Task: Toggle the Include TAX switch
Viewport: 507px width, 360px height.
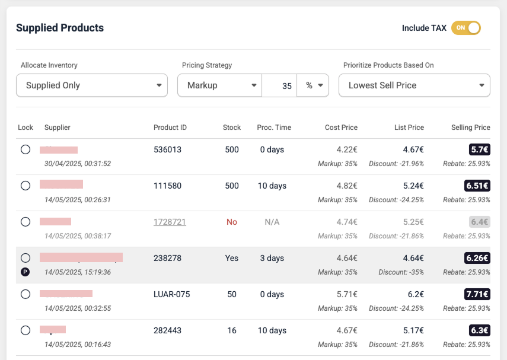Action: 465,28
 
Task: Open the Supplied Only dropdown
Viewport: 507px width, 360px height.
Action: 92,85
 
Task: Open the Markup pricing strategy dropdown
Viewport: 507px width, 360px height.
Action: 219,85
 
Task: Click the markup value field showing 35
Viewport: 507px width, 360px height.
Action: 280,85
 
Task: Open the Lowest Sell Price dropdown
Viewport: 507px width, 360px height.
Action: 414,85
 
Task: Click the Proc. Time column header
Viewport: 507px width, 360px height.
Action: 274,128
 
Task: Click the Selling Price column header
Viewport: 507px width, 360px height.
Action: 470,128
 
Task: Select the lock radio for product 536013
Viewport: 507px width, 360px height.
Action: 25,149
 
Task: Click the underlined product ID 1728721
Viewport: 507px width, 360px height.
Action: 170,222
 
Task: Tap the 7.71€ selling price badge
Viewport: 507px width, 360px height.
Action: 477,294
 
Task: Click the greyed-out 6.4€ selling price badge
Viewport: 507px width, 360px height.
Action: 479,222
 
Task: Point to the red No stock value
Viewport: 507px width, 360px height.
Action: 231,222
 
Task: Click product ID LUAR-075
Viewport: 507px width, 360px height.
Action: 171,294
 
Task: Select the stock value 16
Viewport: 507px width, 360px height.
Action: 231,330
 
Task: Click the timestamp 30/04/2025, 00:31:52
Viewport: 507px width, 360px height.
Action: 78,164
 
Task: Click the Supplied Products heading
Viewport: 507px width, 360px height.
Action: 60,28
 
